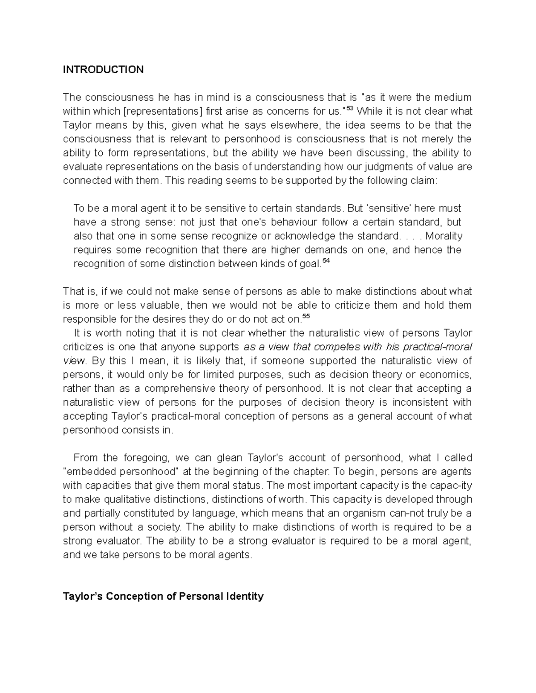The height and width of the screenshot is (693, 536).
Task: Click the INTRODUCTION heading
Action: (x=103, y=70)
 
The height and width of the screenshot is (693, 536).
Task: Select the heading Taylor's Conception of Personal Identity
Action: (x=163, y=596)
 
